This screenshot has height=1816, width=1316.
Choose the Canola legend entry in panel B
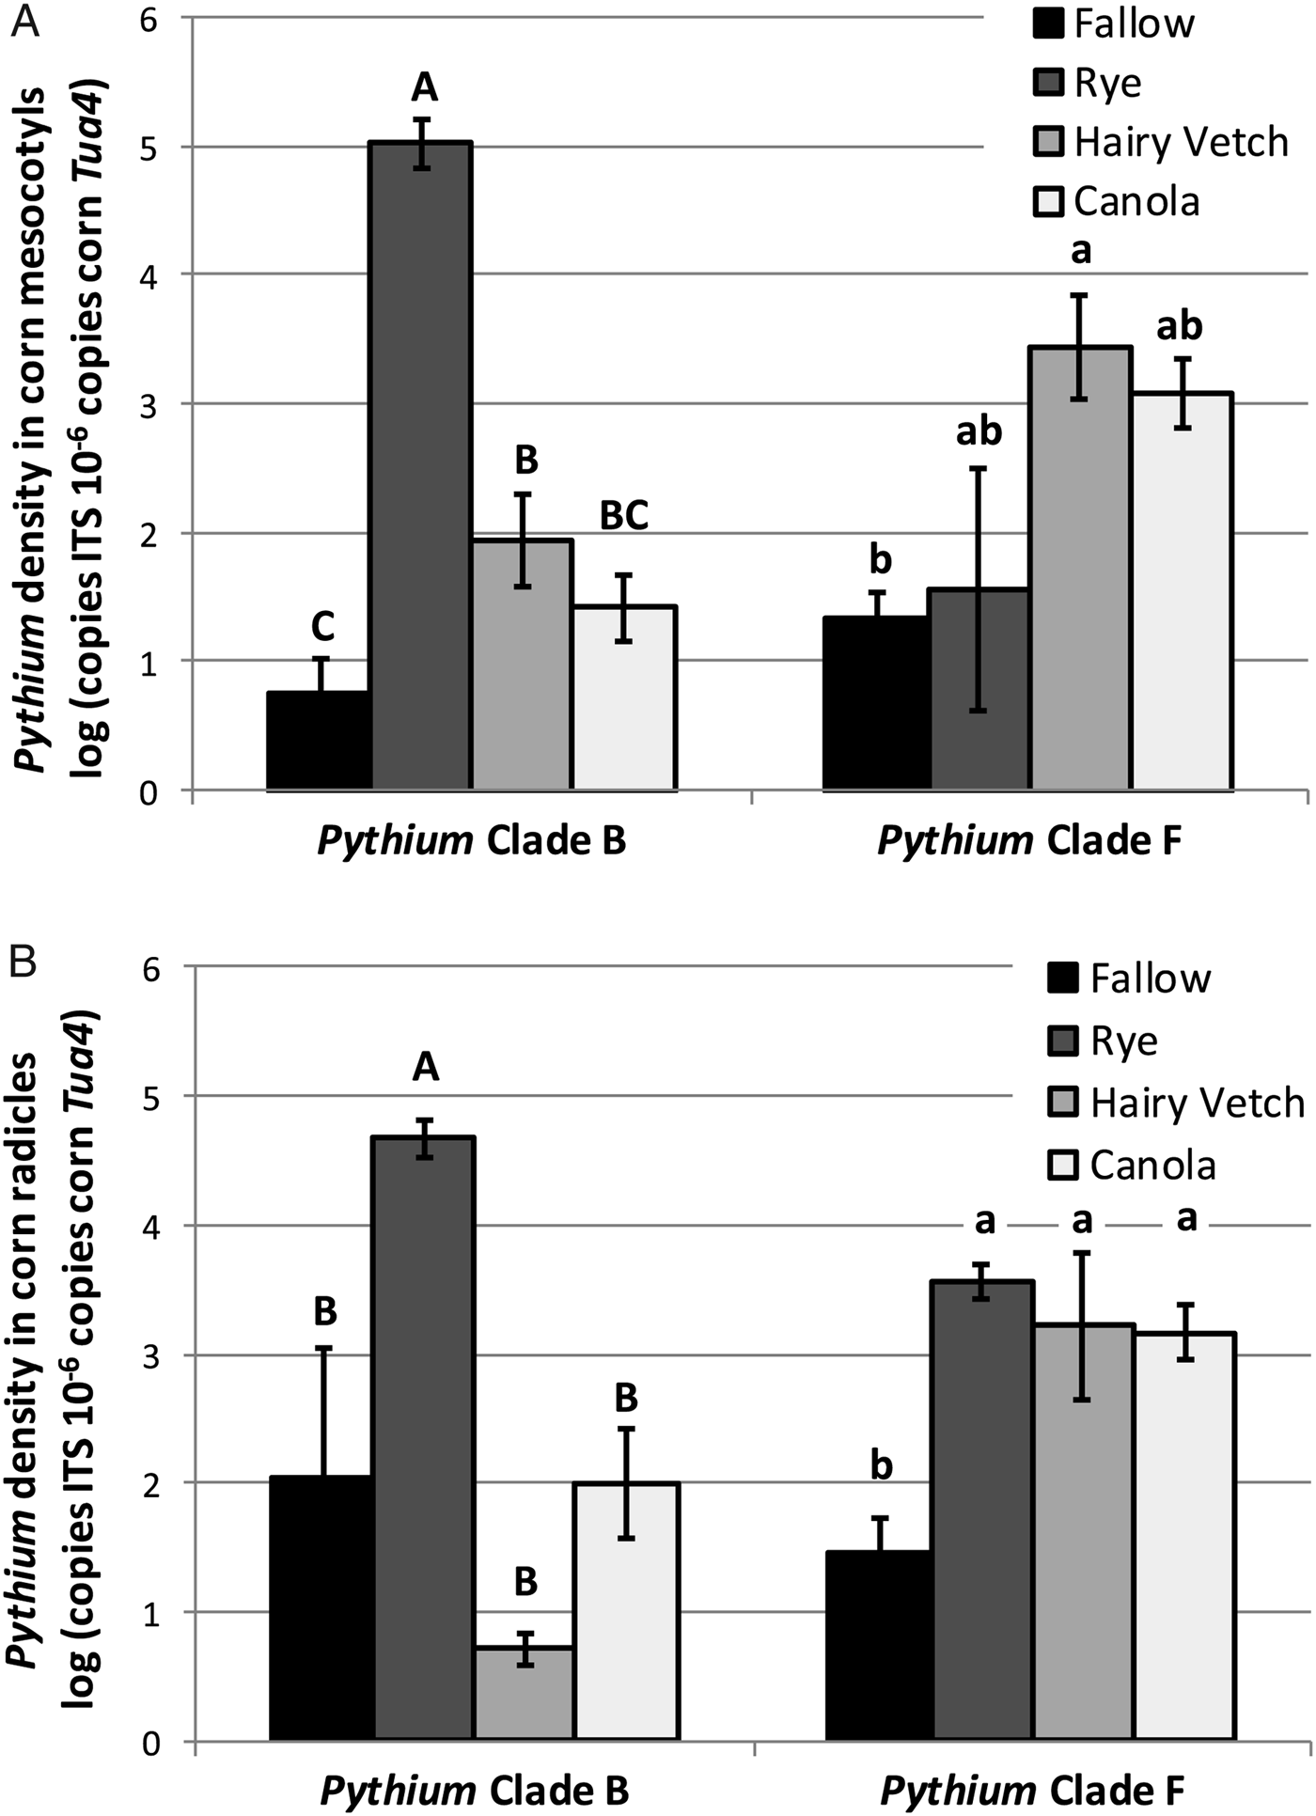coord(1152,1166)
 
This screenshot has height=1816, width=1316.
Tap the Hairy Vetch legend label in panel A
coord(1181,143)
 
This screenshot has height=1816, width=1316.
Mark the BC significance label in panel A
coord(624,515)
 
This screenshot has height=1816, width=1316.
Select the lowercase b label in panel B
coord(880,1466)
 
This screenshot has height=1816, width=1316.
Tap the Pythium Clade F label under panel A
coord(1029,841)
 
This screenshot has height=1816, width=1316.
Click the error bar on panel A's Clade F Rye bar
coord(979,589)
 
